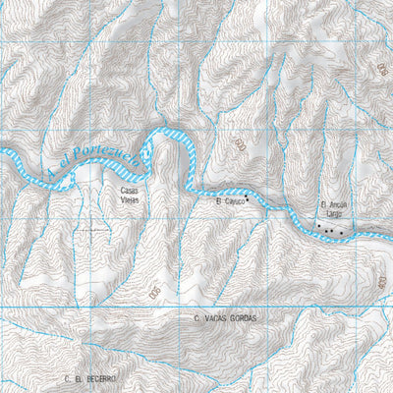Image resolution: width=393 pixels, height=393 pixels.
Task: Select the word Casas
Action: pyautogui.click(x=130, y=190)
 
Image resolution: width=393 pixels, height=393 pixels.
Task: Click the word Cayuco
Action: pyautogui.click(x=232, y=200)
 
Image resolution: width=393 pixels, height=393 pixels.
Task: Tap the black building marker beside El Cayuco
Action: pyautogui.click(x=249, y=198)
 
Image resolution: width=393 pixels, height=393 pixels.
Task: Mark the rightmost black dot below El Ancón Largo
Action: pyautogui.click(x=342, y=232)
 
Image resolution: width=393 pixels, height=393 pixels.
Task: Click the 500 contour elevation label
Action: pyautogui.click(x=154, y=292)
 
